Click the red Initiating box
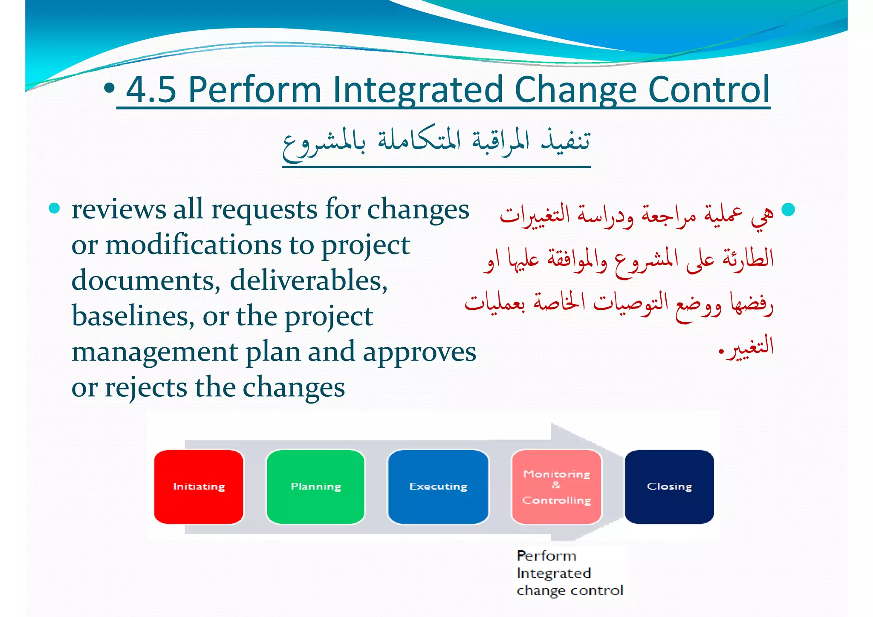click(199, 487)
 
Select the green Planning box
click(315, 487)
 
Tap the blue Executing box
click(438, 487)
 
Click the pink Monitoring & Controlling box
click(556, 487)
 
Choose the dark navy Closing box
click(669, 487)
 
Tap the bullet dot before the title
click(109, 88)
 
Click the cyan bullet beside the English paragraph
click(54, 208)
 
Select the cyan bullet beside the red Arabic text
click(788, 210)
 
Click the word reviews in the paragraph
click(119, 210)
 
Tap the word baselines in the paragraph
click(133, 317)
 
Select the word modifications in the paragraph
click(194, 246)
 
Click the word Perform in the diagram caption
click(546, 556)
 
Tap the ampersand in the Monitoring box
click(556, 485)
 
